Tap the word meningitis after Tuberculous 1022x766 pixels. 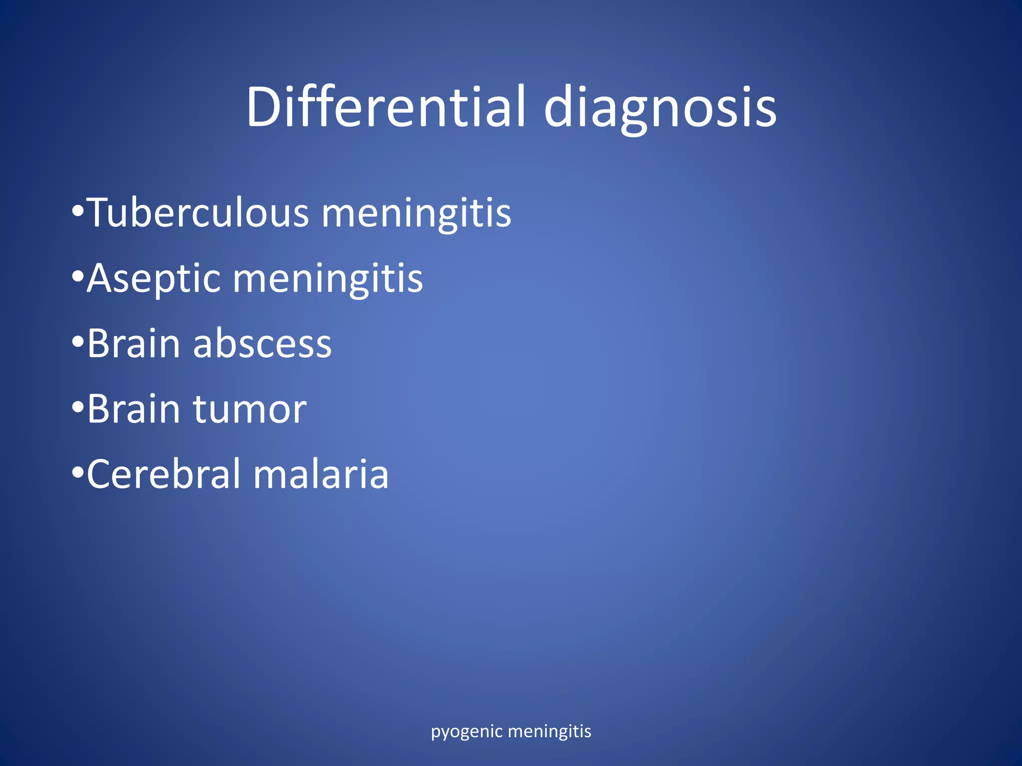pos(416,213)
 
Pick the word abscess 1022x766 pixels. pos(262,344)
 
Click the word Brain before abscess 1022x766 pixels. pos(133,344)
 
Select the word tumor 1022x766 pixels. pos(250,409)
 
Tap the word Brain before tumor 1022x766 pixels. pos(133,409)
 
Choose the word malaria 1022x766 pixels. pos(321,474)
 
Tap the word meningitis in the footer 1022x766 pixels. pos(549,732)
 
